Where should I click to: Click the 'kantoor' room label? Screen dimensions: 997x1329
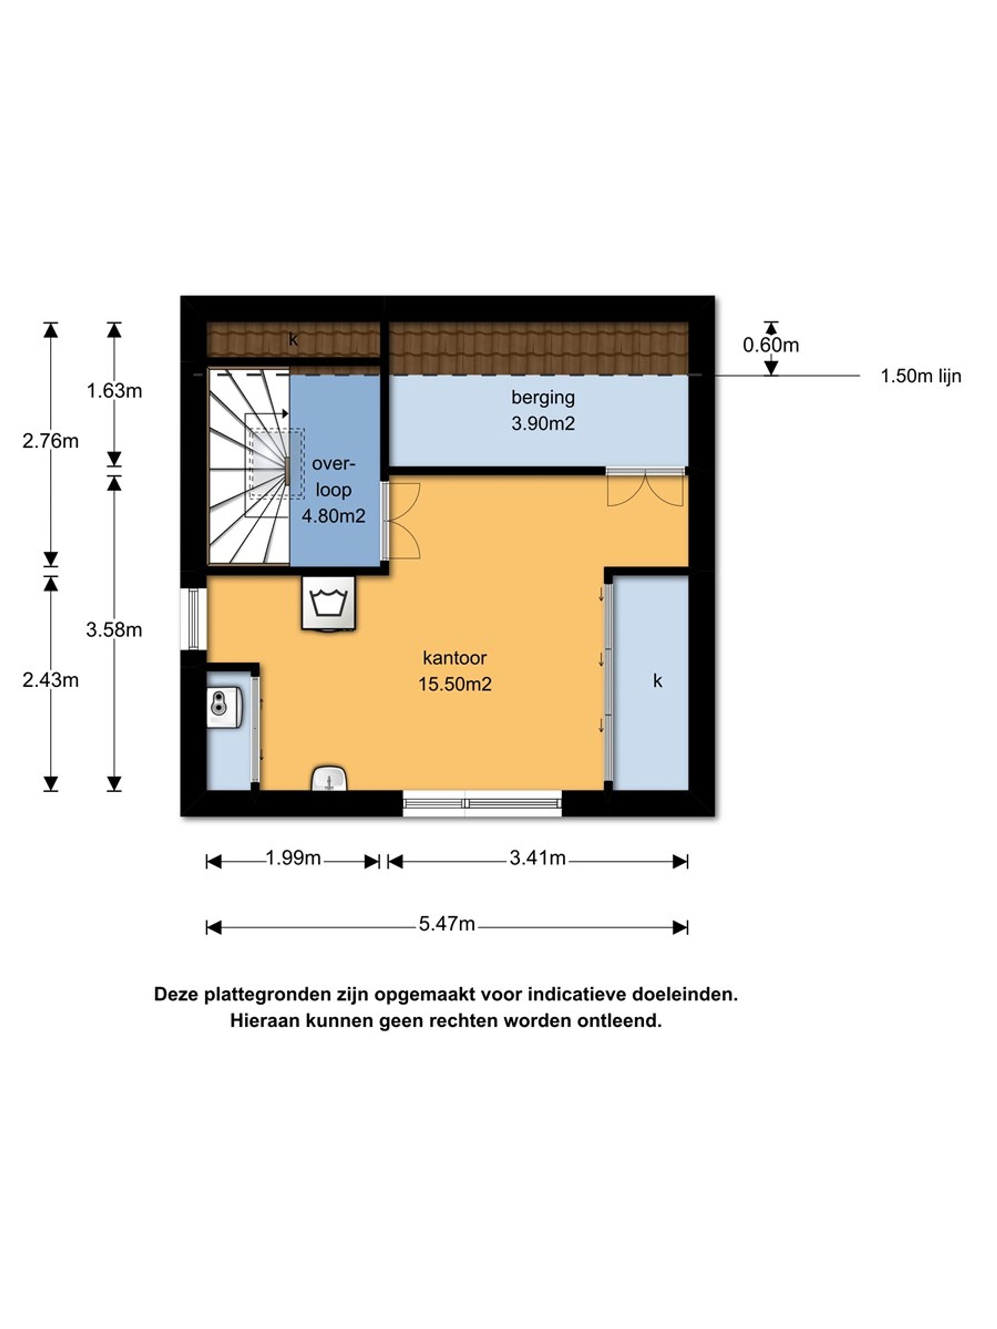(454, 658)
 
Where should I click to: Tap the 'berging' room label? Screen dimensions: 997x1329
(543, 398)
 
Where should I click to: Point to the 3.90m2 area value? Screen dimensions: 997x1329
(543, 424)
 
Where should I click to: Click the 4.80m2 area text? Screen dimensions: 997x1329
(334, 516)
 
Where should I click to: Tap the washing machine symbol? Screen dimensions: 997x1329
(328, 603)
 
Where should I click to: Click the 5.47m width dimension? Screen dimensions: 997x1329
(446, 923)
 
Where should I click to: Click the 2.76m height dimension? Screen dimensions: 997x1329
(50, 441)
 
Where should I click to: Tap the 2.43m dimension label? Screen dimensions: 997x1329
(50, 680)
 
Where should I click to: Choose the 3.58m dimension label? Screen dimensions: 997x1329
(114, 629)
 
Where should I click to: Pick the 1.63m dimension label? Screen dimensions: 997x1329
(114, 391)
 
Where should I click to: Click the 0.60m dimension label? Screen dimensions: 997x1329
(771, 345)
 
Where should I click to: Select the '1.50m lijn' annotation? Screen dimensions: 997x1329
(921, 376)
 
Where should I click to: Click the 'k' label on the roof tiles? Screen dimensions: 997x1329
(293, 340)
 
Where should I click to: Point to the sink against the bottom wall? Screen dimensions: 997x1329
(329, 778)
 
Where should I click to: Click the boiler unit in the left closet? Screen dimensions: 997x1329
(225, 708)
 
